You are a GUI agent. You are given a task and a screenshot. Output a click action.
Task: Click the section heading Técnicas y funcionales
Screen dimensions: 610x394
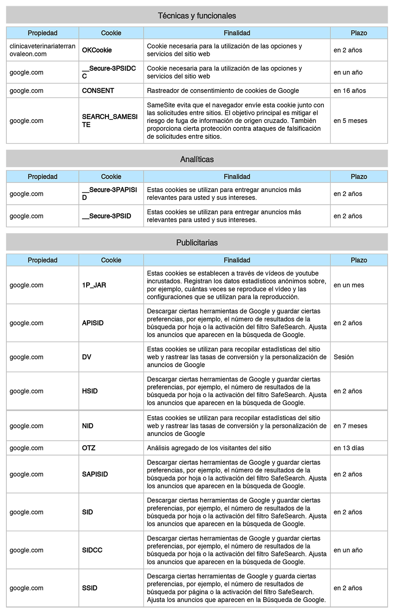197,16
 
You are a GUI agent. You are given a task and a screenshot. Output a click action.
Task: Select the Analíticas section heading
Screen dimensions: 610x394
197,159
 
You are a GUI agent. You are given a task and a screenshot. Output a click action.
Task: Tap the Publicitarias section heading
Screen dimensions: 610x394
197,243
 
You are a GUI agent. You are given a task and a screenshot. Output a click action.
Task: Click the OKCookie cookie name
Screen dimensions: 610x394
97,50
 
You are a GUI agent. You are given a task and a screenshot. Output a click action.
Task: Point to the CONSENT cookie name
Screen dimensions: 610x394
98,91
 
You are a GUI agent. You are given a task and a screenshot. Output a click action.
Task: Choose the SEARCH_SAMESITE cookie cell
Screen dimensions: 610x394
110,121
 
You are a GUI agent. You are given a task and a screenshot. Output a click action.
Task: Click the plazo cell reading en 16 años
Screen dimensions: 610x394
350,91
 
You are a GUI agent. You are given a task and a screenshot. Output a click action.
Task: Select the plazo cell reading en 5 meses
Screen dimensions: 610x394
350,121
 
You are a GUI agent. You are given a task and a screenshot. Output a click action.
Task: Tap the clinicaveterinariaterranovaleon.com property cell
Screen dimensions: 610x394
42,50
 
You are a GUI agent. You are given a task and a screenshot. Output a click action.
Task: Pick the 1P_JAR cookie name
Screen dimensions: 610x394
94,285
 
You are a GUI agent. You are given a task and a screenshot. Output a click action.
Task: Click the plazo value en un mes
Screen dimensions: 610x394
349,285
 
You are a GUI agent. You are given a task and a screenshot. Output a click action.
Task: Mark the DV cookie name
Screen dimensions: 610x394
87,357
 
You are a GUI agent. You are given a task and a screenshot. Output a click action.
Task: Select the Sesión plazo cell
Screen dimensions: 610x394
344,357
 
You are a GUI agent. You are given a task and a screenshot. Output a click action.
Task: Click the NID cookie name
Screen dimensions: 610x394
88,426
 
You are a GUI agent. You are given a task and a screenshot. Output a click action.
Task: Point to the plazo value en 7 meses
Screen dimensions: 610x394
350,426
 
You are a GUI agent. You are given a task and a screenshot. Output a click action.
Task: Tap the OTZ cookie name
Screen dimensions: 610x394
89,448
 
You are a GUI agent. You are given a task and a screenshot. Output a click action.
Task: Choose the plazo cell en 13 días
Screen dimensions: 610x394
349,448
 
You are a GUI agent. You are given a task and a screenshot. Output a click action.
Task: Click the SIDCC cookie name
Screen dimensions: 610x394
92,550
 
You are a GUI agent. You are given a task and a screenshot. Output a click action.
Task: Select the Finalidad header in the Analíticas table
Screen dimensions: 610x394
237,177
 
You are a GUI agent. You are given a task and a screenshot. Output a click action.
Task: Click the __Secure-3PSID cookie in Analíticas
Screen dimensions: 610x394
107,216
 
